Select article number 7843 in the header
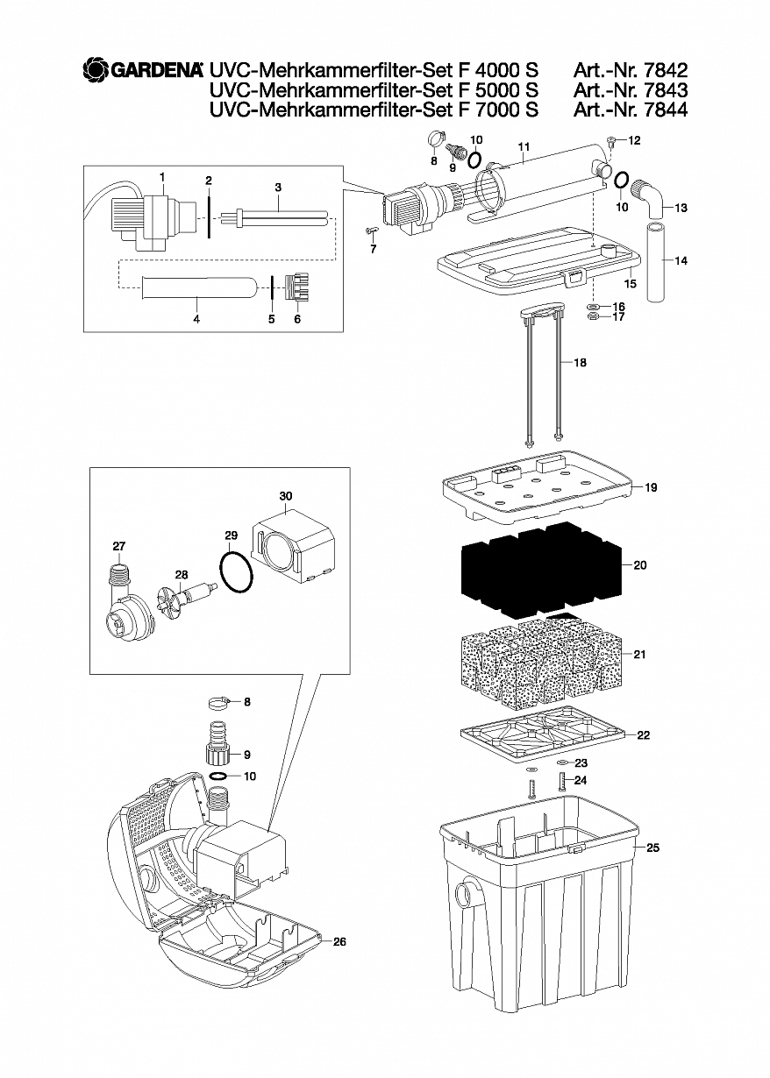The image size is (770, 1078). click(x=665, y=90)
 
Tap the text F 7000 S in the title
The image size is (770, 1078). click(x=495, y=110)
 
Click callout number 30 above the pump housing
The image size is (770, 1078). click(x=286, y=496)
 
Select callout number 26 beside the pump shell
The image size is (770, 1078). click(x=339, y=955)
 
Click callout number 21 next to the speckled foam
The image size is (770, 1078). click(x=639, y=655)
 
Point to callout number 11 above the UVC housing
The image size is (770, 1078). click(x=524, y=146)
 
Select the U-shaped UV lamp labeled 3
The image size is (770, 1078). click(x=274, y=215)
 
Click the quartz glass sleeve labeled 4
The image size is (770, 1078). click(x=197, y=288)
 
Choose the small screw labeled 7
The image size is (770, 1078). click(x=371, y=231)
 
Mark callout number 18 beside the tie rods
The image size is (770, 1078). click(x=581, y=362)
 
